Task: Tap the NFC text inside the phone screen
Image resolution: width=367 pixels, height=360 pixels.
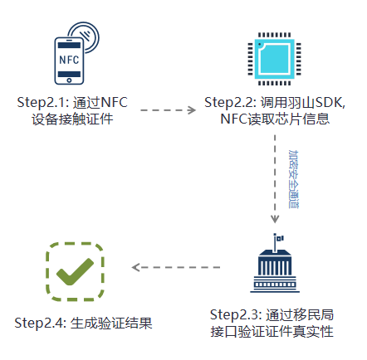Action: tap(70, 60)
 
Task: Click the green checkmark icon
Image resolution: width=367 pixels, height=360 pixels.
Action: tap(75, 270)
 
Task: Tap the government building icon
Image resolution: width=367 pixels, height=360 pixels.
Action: tap(275, 267)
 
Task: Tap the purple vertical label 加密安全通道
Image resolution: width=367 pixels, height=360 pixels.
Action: tap(291, 178)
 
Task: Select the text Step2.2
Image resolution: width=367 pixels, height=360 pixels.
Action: tap(230, 102)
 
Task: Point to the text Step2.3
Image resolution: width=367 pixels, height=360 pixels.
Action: tap(235, 314)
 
